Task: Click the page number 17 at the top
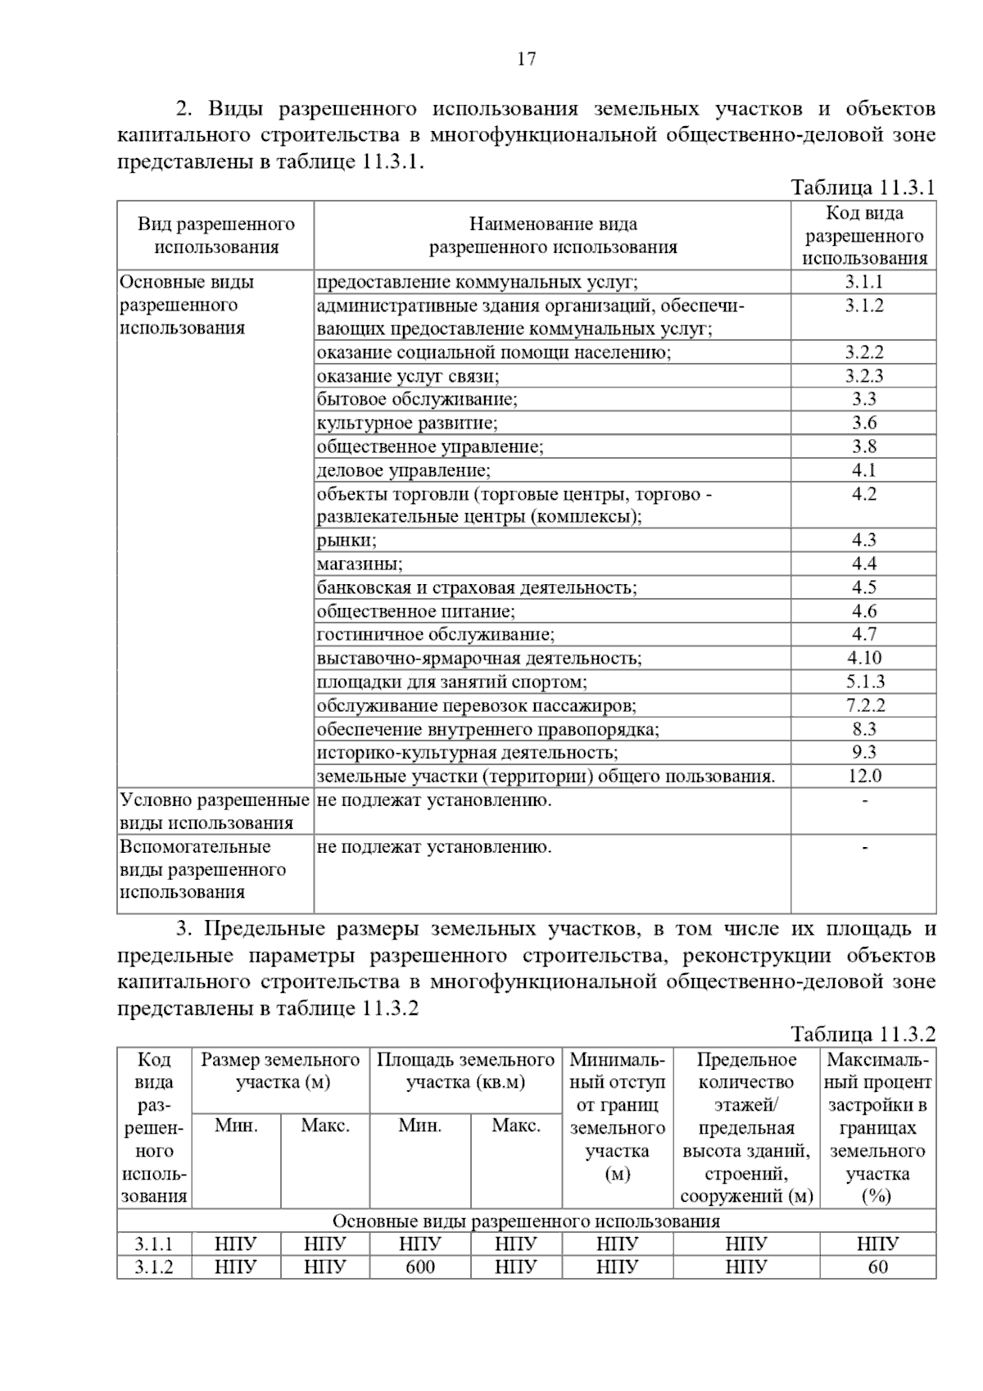point(526,59)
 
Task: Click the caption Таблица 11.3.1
point(863,188)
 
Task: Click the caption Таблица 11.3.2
point(863,1034)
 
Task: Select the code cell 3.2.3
point(864,376)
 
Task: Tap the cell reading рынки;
point(347,541)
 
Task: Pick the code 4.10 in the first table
point(864,658)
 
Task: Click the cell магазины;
point(360,564)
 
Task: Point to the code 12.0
point(864,776)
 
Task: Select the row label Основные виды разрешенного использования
point(188,305)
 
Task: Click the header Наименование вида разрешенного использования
point(553,235)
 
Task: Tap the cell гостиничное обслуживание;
point(435,635)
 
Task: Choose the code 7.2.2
point(864,705)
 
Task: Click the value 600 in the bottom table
point(420,1267)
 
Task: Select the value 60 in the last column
point(877,1267)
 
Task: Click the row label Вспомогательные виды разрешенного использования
point(202,869)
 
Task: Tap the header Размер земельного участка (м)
point(281,1071)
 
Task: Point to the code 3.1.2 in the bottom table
point(154,1267)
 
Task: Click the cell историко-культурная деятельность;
point(467,753)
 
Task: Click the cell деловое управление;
point(403,471)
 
